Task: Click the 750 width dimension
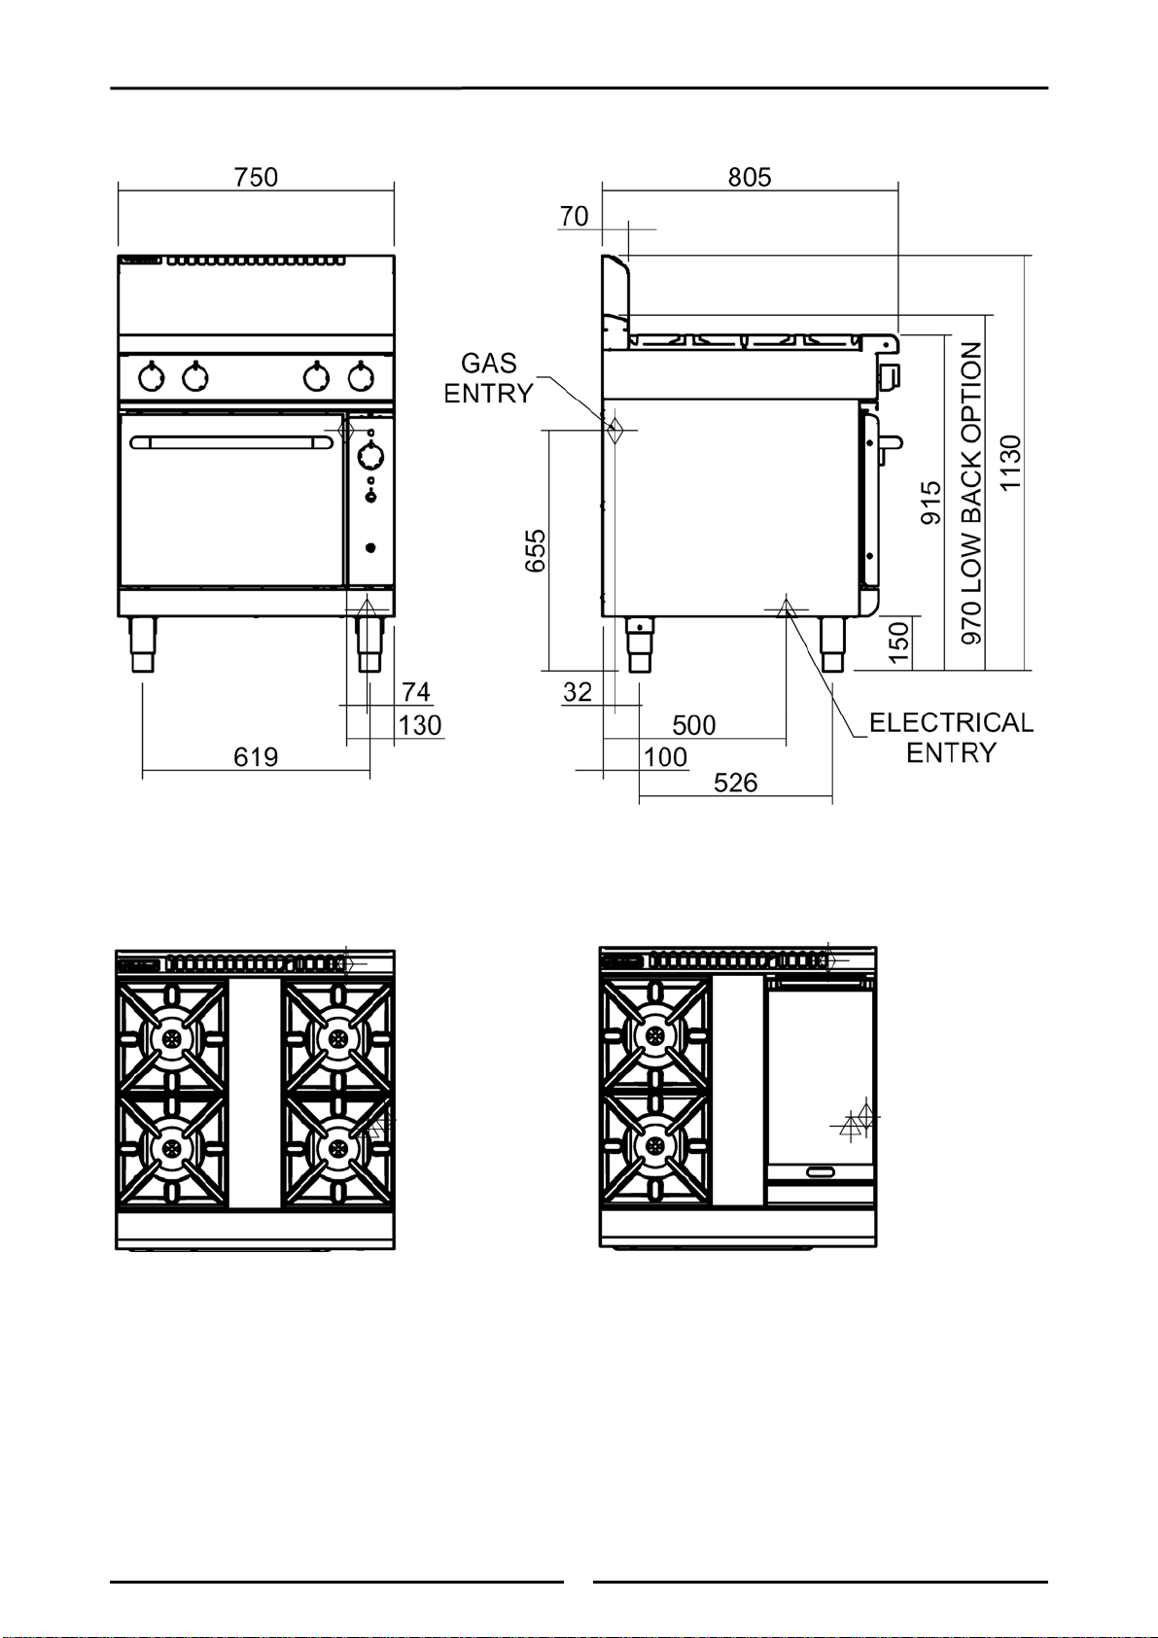click(x=256, y=178)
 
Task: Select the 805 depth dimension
click(x=750, y=178)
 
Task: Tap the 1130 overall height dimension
click(x=1010, y=463)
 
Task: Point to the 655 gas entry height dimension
click(x=536, y=550)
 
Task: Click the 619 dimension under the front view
click(x=256, y=757)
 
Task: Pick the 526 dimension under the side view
click(x=736, y=784)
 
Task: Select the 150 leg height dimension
click(x=899, y=642)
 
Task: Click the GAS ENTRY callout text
click(x=489, y=378)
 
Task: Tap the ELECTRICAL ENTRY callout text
click(x=951, y=737)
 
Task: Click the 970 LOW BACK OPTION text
click(x=971, y=494)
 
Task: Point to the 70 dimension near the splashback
click(x=575, y=217)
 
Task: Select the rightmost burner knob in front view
click(x=361, y=376)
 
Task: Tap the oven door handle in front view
click(x=231, y=442)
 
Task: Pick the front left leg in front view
click(x=143, y=645)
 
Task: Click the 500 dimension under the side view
click(x=694, y=725)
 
